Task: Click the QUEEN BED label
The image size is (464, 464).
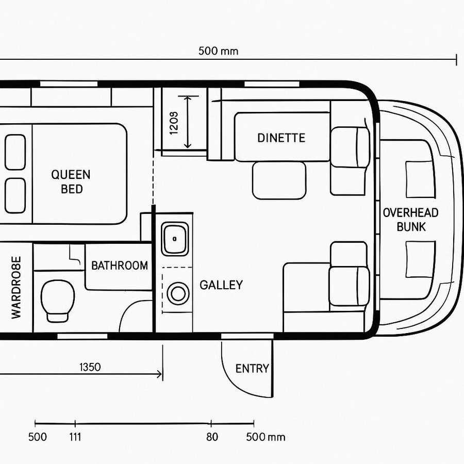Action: click(71, 181)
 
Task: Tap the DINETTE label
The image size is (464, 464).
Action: click(281, 138)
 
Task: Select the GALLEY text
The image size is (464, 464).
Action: click(221, 285)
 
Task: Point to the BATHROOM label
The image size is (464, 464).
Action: click(119, 266)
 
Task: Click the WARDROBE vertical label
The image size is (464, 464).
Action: click(16, 287)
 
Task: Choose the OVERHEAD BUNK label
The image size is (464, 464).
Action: click(410, 219)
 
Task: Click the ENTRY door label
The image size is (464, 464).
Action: click(252, 369)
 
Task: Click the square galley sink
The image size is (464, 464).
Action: click(175, 239)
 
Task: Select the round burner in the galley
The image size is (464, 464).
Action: click(178, 294)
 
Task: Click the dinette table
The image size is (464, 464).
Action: click(279, 180)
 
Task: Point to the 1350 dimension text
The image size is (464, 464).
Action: click(90, 367)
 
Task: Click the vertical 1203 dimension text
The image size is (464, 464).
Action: click(174, 123)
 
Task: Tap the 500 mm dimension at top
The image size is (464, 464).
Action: click(218, 51)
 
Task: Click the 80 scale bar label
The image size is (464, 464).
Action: click(212, 437)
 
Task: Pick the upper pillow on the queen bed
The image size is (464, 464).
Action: click(15, 152)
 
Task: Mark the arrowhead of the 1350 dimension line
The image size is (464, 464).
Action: click(159, 375)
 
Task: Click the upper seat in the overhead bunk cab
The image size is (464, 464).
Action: click(420, 179)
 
